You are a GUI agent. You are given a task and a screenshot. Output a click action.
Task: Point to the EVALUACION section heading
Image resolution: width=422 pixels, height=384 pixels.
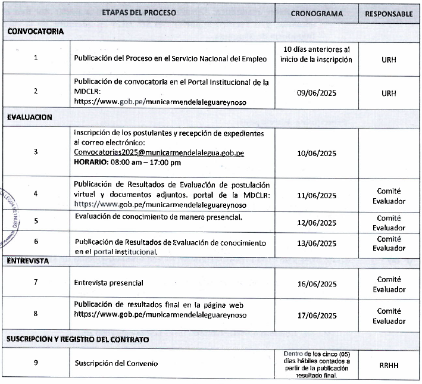(x=30, y=117)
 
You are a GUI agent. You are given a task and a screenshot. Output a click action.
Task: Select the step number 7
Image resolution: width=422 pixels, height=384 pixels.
(x=35, y=282)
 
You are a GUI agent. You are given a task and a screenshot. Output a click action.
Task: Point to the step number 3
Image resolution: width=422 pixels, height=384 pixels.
(x=35, y=151)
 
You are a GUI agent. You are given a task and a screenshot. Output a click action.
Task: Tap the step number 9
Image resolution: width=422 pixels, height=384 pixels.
(x=35, y=363)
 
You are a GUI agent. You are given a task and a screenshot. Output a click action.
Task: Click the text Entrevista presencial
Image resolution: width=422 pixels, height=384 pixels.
(x=109, y=282)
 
